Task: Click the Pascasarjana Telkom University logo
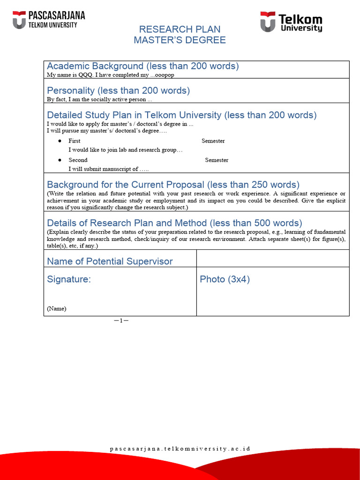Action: click(48, 20)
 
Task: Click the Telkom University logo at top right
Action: click(292, 22)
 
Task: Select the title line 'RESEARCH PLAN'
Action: click(180, 29)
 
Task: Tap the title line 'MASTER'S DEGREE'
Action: click(180, 40)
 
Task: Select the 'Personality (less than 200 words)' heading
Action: click(118, 90)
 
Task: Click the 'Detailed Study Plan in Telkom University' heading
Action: click(181, 115)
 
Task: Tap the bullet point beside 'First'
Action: click(60, 141)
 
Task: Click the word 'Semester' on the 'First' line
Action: click(213, 141)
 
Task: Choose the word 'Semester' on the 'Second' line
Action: click(217, 160)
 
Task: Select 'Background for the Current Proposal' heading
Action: click(173, 185)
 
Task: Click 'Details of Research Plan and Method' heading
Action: click(174, 223)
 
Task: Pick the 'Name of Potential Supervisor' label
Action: click(110, 262)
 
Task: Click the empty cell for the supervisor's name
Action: click(272, 259)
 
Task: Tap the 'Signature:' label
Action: click(69, 279)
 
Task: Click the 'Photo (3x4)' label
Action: click(225, 279)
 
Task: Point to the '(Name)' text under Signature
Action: click(56, 308)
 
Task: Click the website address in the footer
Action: click(180, 449)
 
